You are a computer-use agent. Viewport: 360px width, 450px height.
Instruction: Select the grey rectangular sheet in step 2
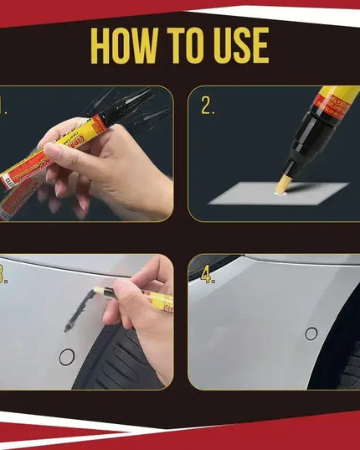click(276, 195)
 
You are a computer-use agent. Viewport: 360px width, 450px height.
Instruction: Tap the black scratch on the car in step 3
click(79, 308)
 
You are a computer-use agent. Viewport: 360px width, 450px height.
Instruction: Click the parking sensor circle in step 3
click(66, 357)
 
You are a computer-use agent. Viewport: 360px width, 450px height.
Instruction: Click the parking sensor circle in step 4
click(311, 334)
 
